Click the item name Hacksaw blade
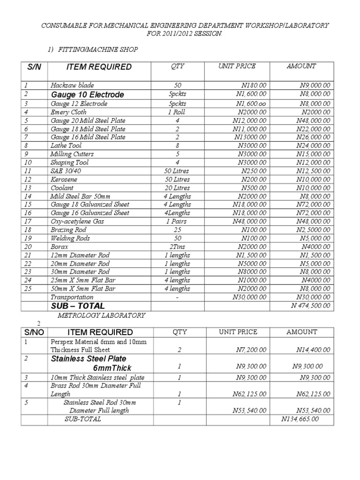72,85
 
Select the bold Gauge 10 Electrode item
88,95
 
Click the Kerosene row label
64,180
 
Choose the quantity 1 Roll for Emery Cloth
178,112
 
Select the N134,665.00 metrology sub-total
300,419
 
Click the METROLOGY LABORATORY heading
101,315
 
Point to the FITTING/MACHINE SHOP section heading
98,49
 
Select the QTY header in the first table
178,67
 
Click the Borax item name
60,247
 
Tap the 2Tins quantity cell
178,247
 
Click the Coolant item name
62,188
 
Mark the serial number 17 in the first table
27,221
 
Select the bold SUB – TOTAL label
78,306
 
